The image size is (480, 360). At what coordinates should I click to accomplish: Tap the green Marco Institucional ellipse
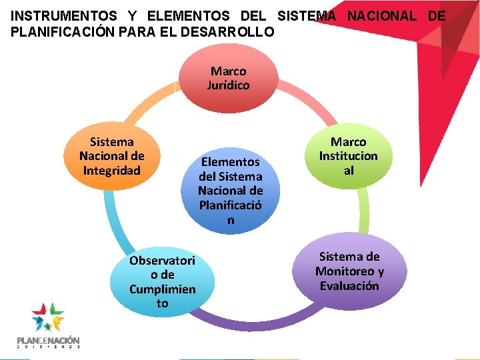click(348, 157)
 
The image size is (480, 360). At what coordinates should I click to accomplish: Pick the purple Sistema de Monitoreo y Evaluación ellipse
click(349, 271)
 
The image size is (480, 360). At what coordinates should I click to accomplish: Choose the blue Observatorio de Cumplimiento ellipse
click(162, 282)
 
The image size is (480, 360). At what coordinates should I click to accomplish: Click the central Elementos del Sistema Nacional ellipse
click(231, 190)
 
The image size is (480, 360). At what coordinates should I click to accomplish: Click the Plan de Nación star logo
click(48, 317)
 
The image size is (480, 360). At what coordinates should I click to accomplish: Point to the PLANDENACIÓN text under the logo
click(48, 340)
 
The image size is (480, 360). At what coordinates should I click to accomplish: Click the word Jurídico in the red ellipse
click(229, 85)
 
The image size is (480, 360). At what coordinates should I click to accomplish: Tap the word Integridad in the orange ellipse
click(112, 171)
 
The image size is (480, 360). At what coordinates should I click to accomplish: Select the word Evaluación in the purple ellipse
click(349, 286)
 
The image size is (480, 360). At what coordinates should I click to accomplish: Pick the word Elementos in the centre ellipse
click(231, 162)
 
